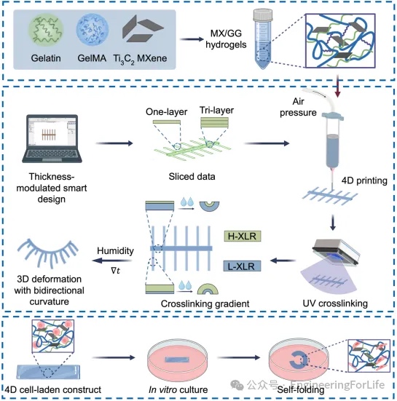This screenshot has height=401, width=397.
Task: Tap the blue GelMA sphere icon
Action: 92,30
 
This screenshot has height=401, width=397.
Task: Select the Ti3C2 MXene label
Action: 140,59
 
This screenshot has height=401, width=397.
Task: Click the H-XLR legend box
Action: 242,236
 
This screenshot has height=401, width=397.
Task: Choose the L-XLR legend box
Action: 242,266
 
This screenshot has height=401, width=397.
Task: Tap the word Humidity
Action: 115,250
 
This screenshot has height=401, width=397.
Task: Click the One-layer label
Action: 166,112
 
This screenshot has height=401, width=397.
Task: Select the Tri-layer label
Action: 216,110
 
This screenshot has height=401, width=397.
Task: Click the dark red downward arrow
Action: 338,86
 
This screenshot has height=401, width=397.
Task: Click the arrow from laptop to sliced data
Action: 114,143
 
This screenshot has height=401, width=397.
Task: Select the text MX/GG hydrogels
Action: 226,39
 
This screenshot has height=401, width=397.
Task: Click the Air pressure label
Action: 298,107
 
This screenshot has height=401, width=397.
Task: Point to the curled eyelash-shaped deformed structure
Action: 48,253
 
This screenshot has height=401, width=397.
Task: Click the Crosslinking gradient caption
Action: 205,303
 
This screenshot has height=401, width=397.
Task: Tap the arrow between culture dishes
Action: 238,357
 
